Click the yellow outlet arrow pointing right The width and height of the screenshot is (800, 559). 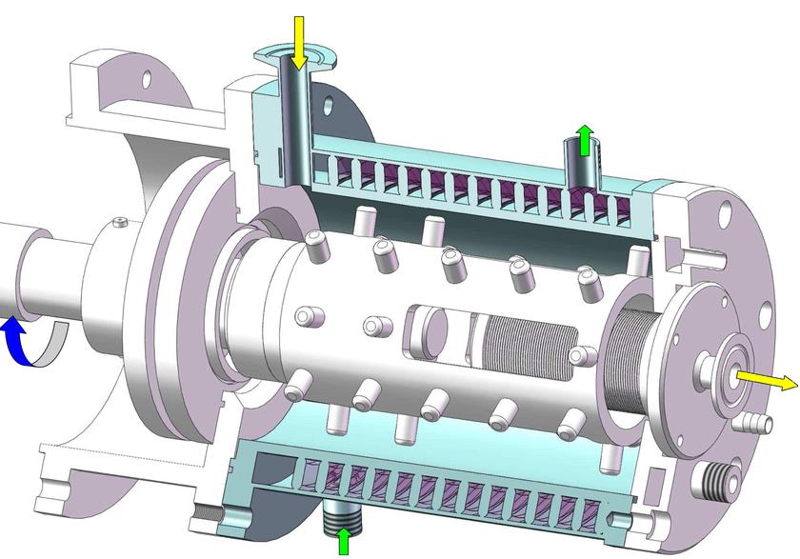(x=768, y=381)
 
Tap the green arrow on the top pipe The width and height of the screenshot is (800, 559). (x=586, y=139)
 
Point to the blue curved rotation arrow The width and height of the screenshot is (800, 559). (x=16, y=342)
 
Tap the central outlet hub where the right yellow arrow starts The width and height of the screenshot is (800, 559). (x=730, y=377)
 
